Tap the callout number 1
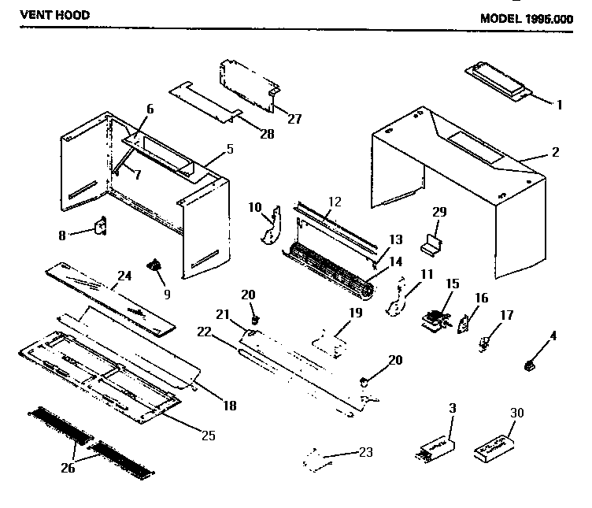[x=560, y=104]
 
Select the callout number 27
[x=294, y=118]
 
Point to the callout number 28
[x=267, y=134]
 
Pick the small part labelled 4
[x=530, y=364]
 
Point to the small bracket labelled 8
[x=102, y=227]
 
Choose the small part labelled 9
[x=155, y=266]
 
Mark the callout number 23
[x=365, y=452]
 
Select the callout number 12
[x=335, y=202]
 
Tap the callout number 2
[x=556, y=151]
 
